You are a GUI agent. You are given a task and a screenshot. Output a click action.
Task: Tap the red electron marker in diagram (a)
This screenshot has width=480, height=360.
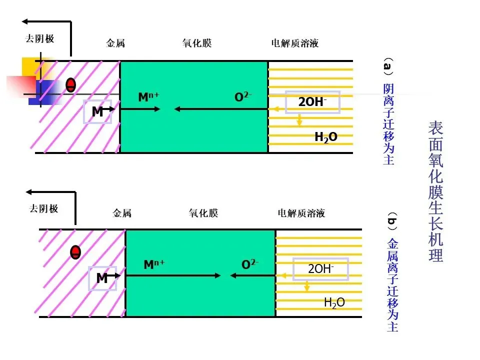point(71,85)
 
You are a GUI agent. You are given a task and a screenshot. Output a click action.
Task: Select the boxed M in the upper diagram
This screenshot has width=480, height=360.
point(97,112)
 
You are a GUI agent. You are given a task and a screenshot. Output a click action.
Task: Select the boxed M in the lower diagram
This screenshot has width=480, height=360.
point(102,278)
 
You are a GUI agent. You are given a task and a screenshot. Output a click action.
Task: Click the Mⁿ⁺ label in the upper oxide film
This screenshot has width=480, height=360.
point(148,97)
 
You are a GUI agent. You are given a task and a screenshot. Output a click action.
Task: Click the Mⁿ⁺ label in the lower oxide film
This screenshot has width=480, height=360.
point(153,264)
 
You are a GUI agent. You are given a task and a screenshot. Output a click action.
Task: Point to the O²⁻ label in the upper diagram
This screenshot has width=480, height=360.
point(243,97)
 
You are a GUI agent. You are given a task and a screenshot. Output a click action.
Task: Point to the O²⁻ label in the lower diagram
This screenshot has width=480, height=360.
point(250,264)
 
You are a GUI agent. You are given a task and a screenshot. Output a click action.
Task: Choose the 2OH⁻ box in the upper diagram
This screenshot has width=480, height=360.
point(312,102)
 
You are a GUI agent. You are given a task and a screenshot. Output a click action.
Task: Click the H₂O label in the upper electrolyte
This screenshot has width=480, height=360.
point(325,136)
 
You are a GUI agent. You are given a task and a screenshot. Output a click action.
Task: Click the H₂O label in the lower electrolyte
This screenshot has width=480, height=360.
point(334,302)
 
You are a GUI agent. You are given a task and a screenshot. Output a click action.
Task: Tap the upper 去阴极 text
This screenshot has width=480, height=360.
point(40,38)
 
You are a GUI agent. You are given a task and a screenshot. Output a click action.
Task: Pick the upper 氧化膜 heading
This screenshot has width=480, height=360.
point(196,43)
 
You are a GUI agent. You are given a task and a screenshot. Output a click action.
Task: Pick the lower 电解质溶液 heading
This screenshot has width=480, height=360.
point(301,213)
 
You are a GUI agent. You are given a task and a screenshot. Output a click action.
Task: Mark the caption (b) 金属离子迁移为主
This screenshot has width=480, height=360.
point(392,273)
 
